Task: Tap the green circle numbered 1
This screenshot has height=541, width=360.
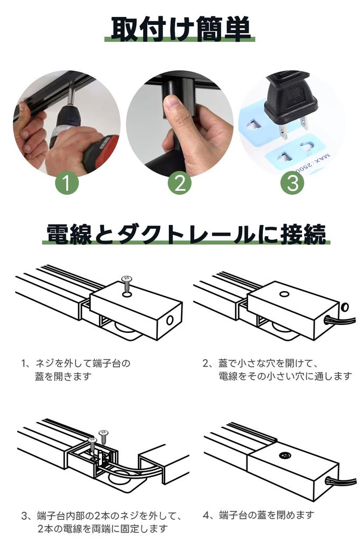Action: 67,183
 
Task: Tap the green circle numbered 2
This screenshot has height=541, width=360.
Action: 179,183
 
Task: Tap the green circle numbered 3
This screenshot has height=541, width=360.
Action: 292,183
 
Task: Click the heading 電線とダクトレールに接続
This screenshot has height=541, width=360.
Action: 186,233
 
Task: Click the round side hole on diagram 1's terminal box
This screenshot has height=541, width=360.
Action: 170,320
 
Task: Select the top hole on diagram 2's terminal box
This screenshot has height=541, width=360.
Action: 284,294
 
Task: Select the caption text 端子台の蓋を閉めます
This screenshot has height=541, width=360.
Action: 259,515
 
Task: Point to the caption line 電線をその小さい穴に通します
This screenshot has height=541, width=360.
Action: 286,376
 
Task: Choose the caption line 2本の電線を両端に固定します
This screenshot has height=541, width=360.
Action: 102,528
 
